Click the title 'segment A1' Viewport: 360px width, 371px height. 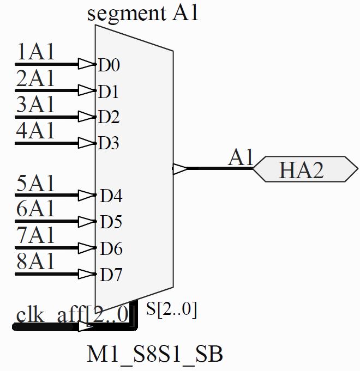142,13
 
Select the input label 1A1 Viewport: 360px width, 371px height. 36,52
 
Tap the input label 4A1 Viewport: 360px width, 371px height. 36,131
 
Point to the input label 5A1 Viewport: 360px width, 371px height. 36,184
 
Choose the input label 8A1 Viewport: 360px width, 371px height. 36,262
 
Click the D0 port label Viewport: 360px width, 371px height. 109,65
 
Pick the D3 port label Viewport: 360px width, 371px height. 109,144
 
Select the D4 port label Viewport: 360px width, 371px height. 111,196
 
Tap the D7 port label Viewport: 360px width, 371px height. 111,275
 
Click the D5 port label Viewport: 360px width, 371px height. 111,222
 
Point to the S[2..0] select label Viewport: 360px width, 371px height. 171,309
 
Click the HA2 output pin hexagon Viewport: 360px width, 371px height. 305,169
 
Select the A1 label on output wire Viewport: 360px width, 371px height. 241,158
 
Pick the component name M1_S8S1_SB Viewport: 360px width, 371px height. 155,355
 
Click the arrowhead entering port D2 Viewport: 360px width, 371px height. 87,117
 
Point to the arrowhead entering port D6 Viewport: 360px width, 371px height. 87,248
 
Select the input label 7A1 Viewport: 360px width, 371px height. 36,236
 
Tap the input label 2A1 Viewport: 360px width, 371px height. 36,78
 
